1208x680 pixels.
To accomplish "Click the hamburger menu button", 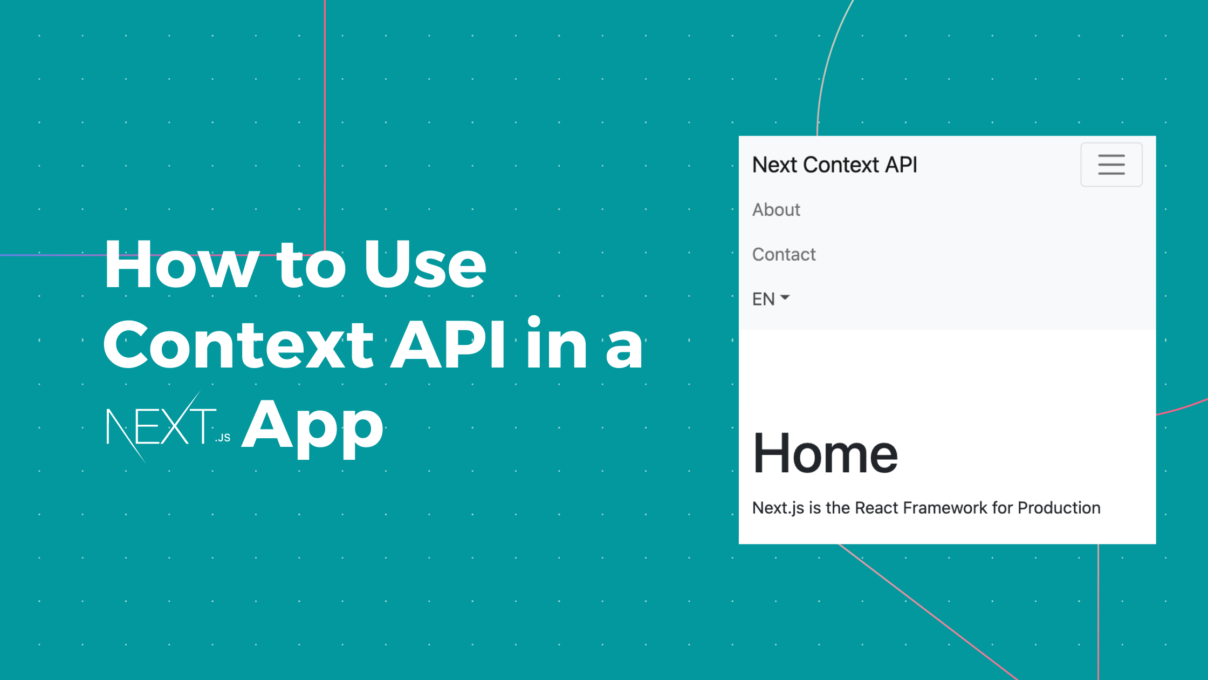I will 1111,165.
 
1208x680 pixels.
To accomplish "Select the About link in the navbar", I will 776,209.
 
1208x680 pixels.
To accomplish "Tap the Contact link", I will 784,254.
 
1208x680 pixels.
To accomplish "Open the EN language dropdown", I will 770,299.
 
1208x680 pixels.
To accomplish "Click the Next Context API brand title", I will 834,165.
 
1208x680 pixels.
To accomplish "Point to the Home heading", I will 825,454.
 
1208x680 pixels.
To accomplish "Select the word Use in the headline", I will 424,265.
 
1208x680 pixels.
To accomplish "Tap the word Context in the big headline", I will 238,345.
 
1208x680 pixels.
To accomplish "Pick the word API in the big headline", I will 448,345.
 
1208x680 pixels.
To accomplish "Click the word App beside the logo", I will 313,426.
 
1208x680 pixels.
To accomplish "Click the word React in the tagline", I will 876,508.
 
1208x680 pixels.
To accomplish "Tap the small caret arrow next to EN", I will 785,297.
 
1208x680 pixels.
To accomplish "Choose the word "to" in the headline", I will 311,265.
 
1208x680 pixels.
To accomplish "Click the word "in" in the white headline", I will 557,345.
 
